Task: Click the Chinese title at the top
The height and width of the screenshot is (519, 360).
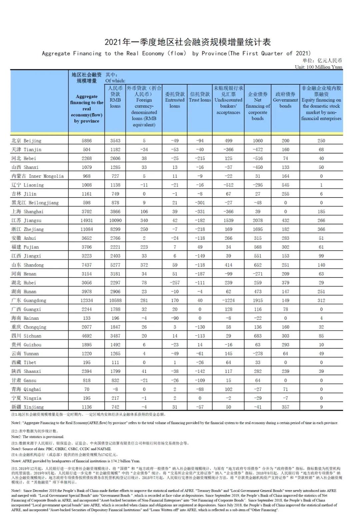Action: [188, 42]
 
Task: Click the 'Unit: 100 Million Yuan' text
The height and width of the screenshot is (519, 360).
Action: [318, 67]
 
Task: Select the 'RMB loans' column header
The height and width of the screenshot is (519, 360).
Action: [115, 97]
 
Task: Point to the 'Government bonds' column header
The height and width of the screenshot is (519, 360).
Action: [285, 100]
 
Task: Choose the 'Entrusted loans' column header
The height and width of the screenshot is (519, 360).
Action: [175, 100]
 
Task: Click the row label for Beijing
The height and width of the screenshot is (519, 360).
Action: [27, 141]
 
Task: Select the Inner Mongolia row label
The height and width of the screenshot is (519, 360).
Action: [37, 176]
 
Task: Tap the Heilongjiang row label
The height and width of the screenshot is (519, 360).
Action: [35, 203]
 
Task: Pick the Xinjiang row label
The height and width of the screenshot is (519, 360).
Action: [27, 407]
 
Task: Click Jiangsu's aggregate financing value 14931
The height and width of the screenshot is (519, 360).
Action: [87, 221]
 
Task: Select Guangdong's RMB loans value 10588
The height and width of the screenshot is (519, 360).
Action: [115, 300]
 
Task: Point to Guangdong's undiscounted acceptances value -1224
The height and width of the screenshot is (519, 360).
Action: [228, 300]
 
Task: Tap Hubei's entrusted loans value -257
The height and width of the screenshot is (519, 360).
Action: [175, 282]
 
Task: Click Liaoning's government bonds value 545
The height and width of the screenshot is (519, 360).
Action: [285, 185]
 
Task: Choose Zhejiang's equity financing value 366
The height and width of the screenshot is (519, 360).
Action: [321, 229]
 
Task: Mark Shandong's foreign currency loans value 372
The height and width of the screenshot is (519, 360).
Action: [144, 265]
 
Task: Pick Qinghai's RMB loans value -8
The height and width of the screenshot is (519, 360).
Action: [115, 389]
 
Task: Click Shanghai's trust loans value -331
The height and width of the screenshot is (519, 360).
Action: [200, 212]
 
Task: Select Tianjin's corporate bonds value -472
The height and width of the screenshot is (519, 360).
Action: [258, 150]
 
